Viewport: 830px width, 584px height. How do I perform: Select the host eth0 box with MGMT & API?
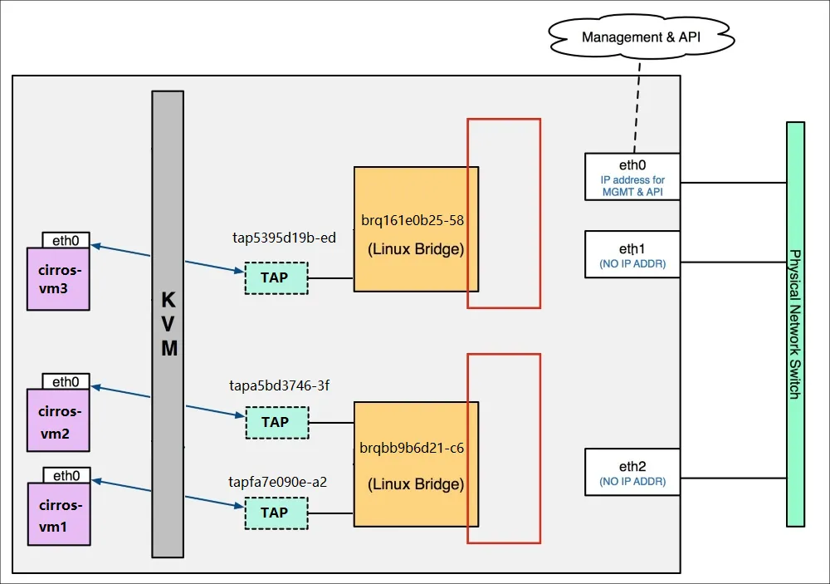coord(632,177)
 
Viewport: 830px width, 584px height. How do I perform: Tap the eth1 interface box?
coord(632,254)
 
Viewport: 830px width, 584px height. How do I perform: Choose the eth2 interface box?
coord(632,472)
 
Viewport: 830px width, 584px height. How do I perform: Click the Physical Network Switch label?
coord(794,324)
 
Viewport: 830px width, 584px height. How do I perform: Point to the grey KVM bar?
coord(168,324)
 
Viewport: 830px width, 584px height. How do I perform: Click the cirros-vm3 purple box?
coord(58,279)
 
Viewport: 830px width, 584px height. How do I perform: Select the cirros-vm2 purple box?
coord(58,420)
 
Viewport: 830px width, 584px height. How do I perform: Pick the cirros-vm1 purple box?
coord(59,514)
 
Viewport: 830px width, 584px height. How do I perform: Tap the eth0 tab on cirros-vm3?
coord(66,240)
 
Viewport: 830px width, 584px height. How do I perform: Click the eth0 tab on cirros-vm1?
coord(66,475)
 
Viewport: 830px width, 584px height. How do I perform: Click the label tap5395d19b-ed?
coord(284,238)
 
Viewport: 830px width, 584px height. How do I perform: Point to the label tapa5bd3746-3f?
coord(279,385)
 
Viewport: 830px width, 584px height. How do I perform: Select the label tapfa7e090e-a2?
coord(277,482)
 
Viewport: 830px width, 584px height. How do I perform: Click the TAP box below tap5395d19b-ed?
coord(276,278)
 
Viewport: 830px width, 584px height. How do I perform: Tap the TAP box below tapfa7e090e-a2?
coord(276,513)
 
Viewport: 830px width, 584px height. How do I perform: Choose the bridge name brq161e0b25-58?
coord(413,220)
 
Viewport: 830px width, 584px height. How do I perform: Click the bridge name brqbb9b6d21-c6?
coord(412,449)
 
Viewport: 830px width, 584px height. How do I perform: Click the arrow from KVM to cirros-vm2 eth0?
coord(121,392)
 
